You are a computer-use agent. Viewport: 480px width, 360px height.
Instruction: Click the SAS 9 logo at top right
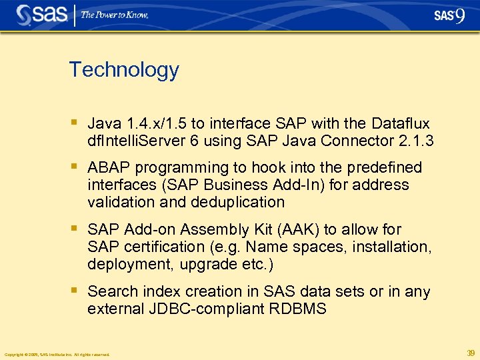point(449,16)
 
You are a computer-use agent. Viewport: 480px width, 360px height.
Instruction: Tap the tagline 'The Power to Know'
point(115,15)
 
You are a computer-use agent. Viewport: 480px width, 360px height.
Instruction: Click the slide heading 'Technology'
point(124,69)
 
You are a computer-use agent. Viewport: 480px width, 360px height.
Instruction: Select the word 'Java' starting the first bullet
point(104,124)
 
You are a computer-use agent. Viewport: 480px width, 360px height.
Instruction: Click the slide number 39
point(471,353)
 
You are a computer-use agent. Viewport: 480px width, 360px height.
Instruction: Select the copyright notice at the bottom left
point(57,354)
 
